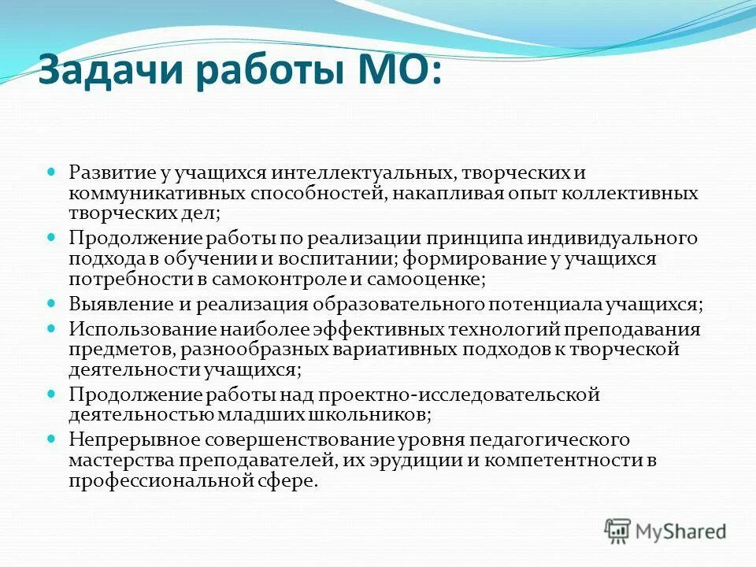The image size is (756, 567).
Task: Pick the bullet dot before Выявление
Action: pos(52,302)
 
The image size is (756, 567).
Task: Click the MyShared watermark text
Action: pos(681,532)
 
